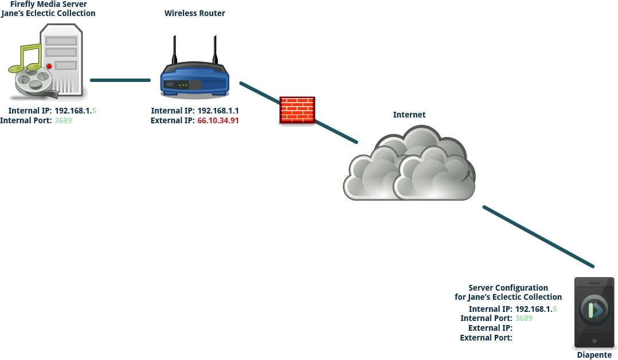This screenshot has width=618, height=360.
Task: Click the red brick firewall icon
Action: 297,110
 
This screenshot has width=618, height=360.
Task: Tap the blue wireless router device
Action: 194,80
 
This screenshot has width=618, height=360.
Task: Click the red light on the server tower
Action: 49,66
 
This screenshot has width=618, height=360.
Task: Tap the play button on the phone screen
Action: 595,310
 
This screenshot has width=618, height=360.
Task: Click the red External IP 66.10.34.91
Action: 218,121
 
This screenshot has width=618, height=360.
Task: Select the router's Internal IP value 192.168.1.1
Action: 218,111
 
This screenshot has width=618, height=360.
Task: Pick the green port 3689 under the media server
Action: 63,121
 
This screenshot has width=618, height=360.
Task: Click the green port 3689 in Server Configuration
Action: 524,318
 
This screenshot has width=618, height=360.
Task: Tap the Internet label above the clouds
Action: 409,115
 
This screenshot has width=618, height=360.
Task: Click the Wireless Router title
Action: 194,13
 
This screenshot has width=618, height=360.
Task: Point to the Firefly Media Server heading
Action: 48,5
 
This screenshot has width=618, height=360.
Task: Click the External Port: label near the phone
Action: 486,338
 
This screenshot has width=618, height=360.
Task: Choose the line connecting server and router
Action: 120,80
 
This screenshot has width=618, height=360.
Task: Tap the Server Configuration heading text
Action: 508,288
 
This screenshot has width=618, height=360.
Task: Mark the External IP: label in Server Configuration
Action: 490,328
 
